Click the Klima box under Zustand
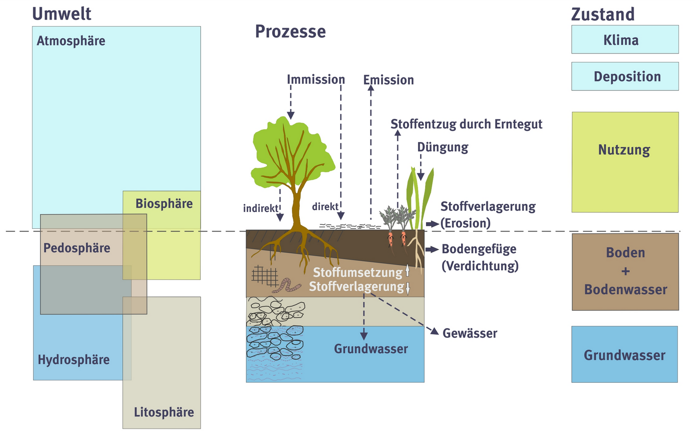tap(625, 40)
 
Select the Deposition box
tap(625, 77)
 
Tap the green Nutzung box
tap(625, 162)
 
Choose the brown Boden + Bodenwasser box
tap(625, 272)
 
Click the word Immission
tap(316, 80)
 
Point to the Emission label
tap(388, 80)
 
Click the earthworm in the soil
tap(286, 285)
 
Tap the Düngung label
tap(442, 147)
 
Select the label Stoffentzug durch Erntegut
tap(466, 124)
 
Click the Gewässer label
tap(470, 333)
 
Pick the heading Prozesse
tap(290, 32)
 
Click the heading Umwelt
tap(61, 14)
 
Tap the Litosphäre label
tap(164, 412)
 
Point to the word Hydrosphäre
tap(73, 360)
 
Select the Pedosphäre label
tap(76, 248)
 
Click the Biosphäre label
tap(164, 204)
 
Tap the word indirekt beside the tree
tap(261, 208)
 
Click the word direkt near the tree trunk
tap(325, 207)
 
